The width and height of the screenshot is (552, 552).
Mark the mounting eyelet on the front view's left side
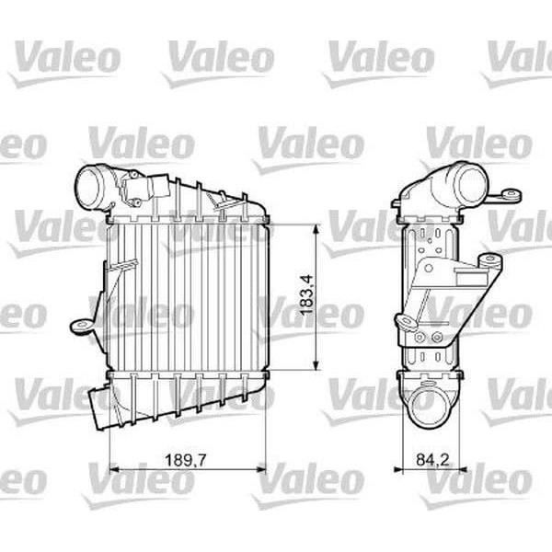point(81,324)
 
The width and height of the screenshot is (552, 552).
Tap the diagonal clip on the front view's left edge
point(116,268)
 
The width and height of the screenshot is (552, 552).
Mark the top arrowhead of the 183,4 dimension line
point(317,226)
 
